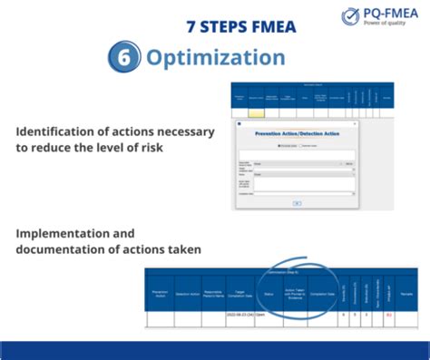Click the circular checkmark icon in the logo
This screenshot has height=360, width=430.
click(x=350, y=16)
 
